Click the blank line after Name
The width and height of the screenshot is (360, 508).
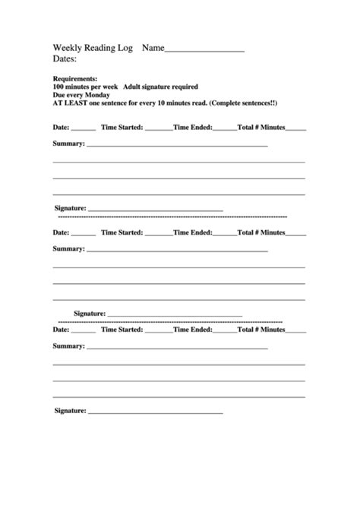coord(204,49)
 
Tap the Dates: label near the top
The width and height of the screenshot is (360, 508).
coord(65,58)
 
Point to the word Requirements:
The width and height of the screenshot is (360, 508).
coord(74,79)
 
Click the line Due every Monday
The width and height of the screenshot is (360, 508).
coord(81,95)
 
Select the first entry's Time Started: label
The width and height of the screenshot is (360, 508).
coord(122,127)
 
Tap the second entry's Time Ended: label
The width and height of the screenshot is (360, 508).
coord(192,232)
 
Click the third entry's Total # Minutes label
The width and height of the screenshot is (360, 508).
coord(261,330)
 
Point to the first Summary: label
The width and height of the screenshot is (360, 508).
coord(68,143)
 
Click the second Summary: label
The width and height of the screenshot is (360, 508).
coord(68,248)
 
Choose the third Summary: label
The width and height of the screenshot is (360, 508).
coord(68,346)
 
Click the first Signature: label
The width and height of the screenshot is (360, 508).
coord(71,207)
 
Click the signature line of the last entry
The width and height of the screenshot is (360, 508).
coord(156,413)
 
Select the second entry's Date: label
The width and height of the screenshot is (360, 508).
coord(61,232)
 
